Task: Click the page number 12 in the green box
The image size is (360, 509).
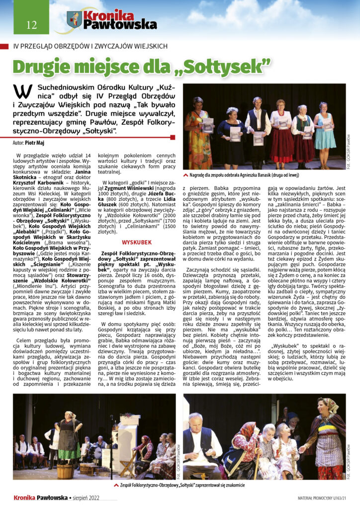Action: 31,25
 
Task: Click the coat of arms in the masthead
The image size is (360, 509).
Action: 75,20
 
